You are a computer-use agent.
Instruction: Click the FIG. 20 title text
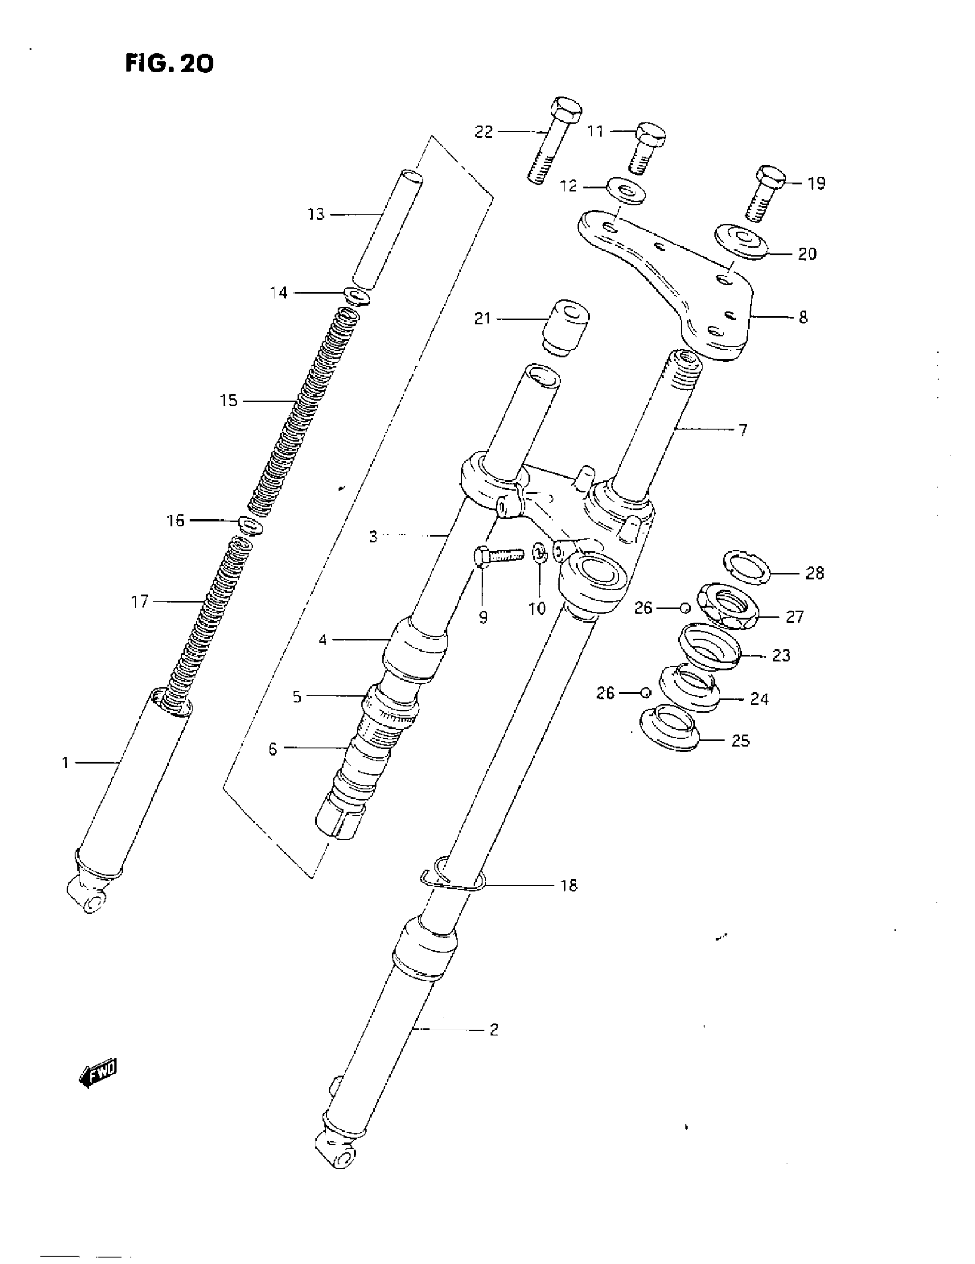[x=169, y=63]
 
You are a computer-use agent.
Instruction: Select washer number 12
[x=627, y=190]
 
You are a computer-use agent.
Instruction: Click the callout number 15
[x=229, y=401]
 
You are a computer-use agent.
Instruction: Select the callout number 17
[x=140, y=602]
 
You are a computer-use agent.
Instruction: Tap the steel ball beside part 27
[x=685, y=608]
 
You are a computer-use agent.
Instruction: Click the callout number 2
[x=494, y=1030]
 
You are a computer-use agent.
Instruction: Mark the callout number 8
[x=803, y=317]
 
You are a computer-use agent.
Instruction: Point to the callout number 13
[x=316, y=214]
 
